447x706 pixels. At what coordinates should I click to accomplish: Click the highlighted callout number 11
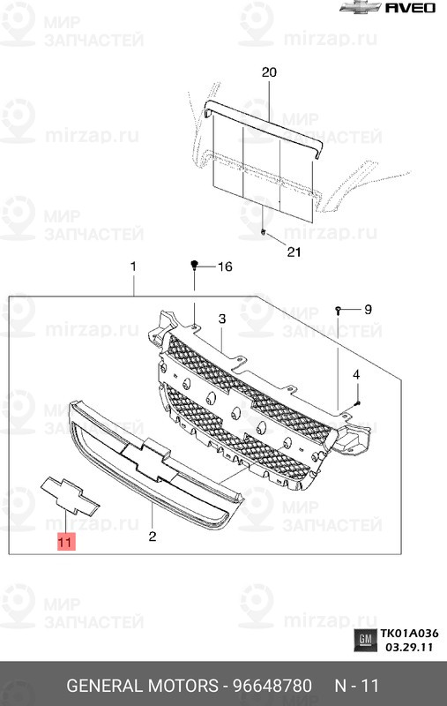click(65, 541)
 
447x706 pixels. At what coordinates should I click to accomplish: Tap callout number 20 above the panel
click(269, 72)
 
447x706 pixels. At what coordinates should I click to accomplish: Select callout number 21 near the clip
click(294, 252)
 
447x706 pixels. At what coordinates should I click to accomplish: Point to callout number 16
click(225, 267)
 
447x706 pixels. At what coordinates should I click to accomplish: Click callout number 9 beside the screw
click(368, 310)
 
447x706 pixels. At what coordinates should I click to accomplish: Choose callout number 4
click(356, 374)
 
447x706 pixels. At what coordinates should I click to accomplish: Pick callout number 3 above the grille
click(222, 319)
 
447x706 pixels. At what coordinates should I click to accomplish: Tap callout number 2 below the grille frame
click(153, 536)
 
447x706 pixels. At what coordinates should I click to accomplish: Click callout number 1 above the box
click(133, 267)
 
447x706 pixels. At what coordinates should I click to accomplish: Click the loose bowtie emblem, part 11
click(70, 495)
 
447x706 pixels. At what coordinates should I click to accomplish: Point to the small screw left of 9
click(338, 310)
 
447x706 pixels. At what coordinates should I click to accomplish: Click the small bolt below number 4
click(357, 402)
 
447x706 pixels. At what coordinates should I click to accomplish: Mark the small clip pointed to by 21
click(264, 232)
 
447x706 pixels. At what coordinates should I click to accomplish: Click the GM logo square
click(365, 640)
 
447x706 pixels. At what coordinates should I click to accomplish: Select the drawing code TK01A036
click(409, 634)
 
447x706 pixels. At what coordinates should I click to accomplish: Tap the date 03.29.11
click(409, 647)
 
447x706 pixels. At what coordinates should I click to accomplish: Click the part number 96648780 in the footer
click(272, 686)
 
